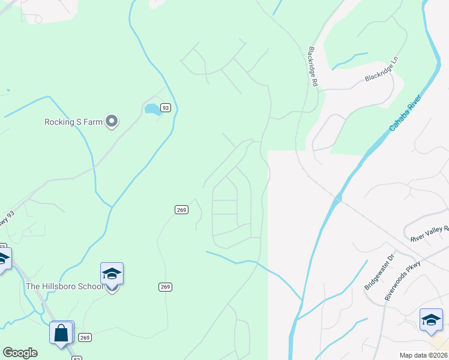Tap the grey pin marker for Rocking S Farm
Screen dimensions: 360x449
tap(111, 122)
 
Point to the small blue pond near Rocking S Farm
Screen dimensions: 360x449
tap(152, 109)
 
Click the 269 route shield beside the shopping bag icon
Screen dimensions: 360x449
tap(85, 337)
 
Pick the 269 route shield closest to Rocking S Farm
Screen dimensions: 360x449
tap(182, 209)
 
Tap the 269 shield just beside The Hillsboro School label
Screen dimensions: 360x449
tap(166, 287)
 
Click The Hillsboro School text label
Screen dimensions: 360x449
tap(65, 286)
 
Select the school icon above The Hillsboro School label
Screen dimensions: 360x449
tap(112, 274)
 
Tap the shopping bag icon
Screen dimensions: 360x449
tap(61, 333)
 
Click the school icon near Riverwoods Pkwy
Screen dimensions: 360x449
tap(431, 320)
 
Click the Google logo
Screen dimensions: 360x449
tap(20, 353)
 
